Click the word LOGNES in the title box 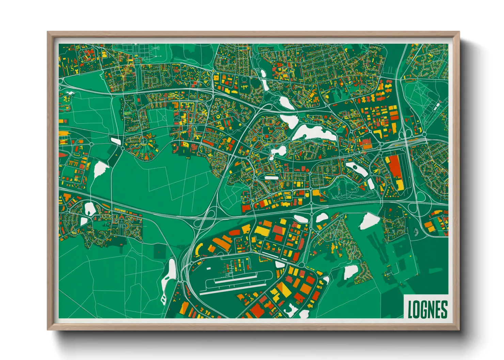[x=427, y=310]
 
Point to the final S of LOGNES [x=444, y=310]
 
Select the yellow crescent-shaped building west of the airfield [x=197, y=250]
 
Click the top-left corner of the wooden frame [x=48, y=32]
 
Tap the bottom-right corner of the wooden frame [x=459, y=329]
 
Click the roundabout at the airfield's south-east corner [x=302, y=265]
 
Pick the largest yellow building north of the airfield [x=261, y=231]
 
